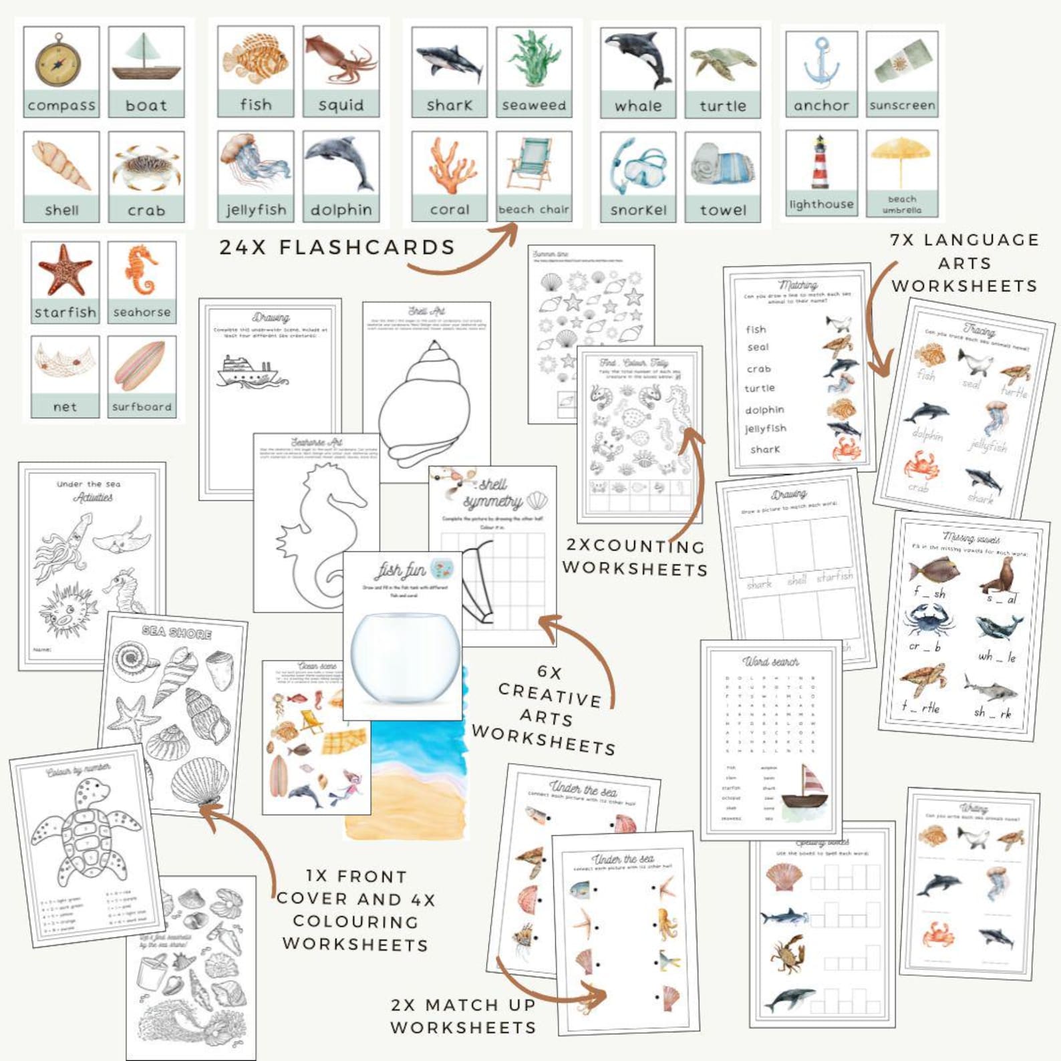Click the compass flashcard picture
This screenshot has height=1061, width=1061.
tap(59, 60)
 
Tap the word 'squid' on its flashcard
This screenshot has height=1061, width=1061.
tap(341, 105)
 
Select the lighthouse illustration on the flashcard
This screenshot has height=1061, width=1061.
tap(820, 162)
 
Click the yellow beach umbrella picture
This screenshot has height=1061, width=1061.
tap(901, 159)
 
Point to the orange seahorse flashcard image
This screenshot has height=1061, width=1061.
tap(141, 270)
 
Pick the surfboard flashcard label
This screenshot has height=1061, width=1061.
tap(142, 406)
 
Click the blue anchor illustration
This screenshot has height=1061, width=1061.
tap(820, 62)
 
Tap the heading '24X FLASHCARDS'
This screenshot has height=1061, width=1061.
tap(337, 247)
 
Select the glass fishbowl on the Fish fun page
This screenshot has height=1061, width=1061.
tap(405, 658)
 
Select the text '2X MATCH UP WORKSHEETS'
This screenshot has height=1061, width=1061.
tap(463, 1016)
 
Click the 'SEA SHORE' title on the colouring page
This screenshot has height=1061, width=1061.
tap(177, 632)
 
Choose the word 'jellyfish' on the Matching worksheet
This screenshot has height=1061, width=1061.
tap(766, 428)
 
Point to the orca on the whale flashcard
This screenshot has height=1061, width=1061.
tap(637, 58)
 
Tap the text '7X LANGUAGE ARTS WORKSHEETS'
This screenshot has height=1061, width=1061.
tap(964, 263)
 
